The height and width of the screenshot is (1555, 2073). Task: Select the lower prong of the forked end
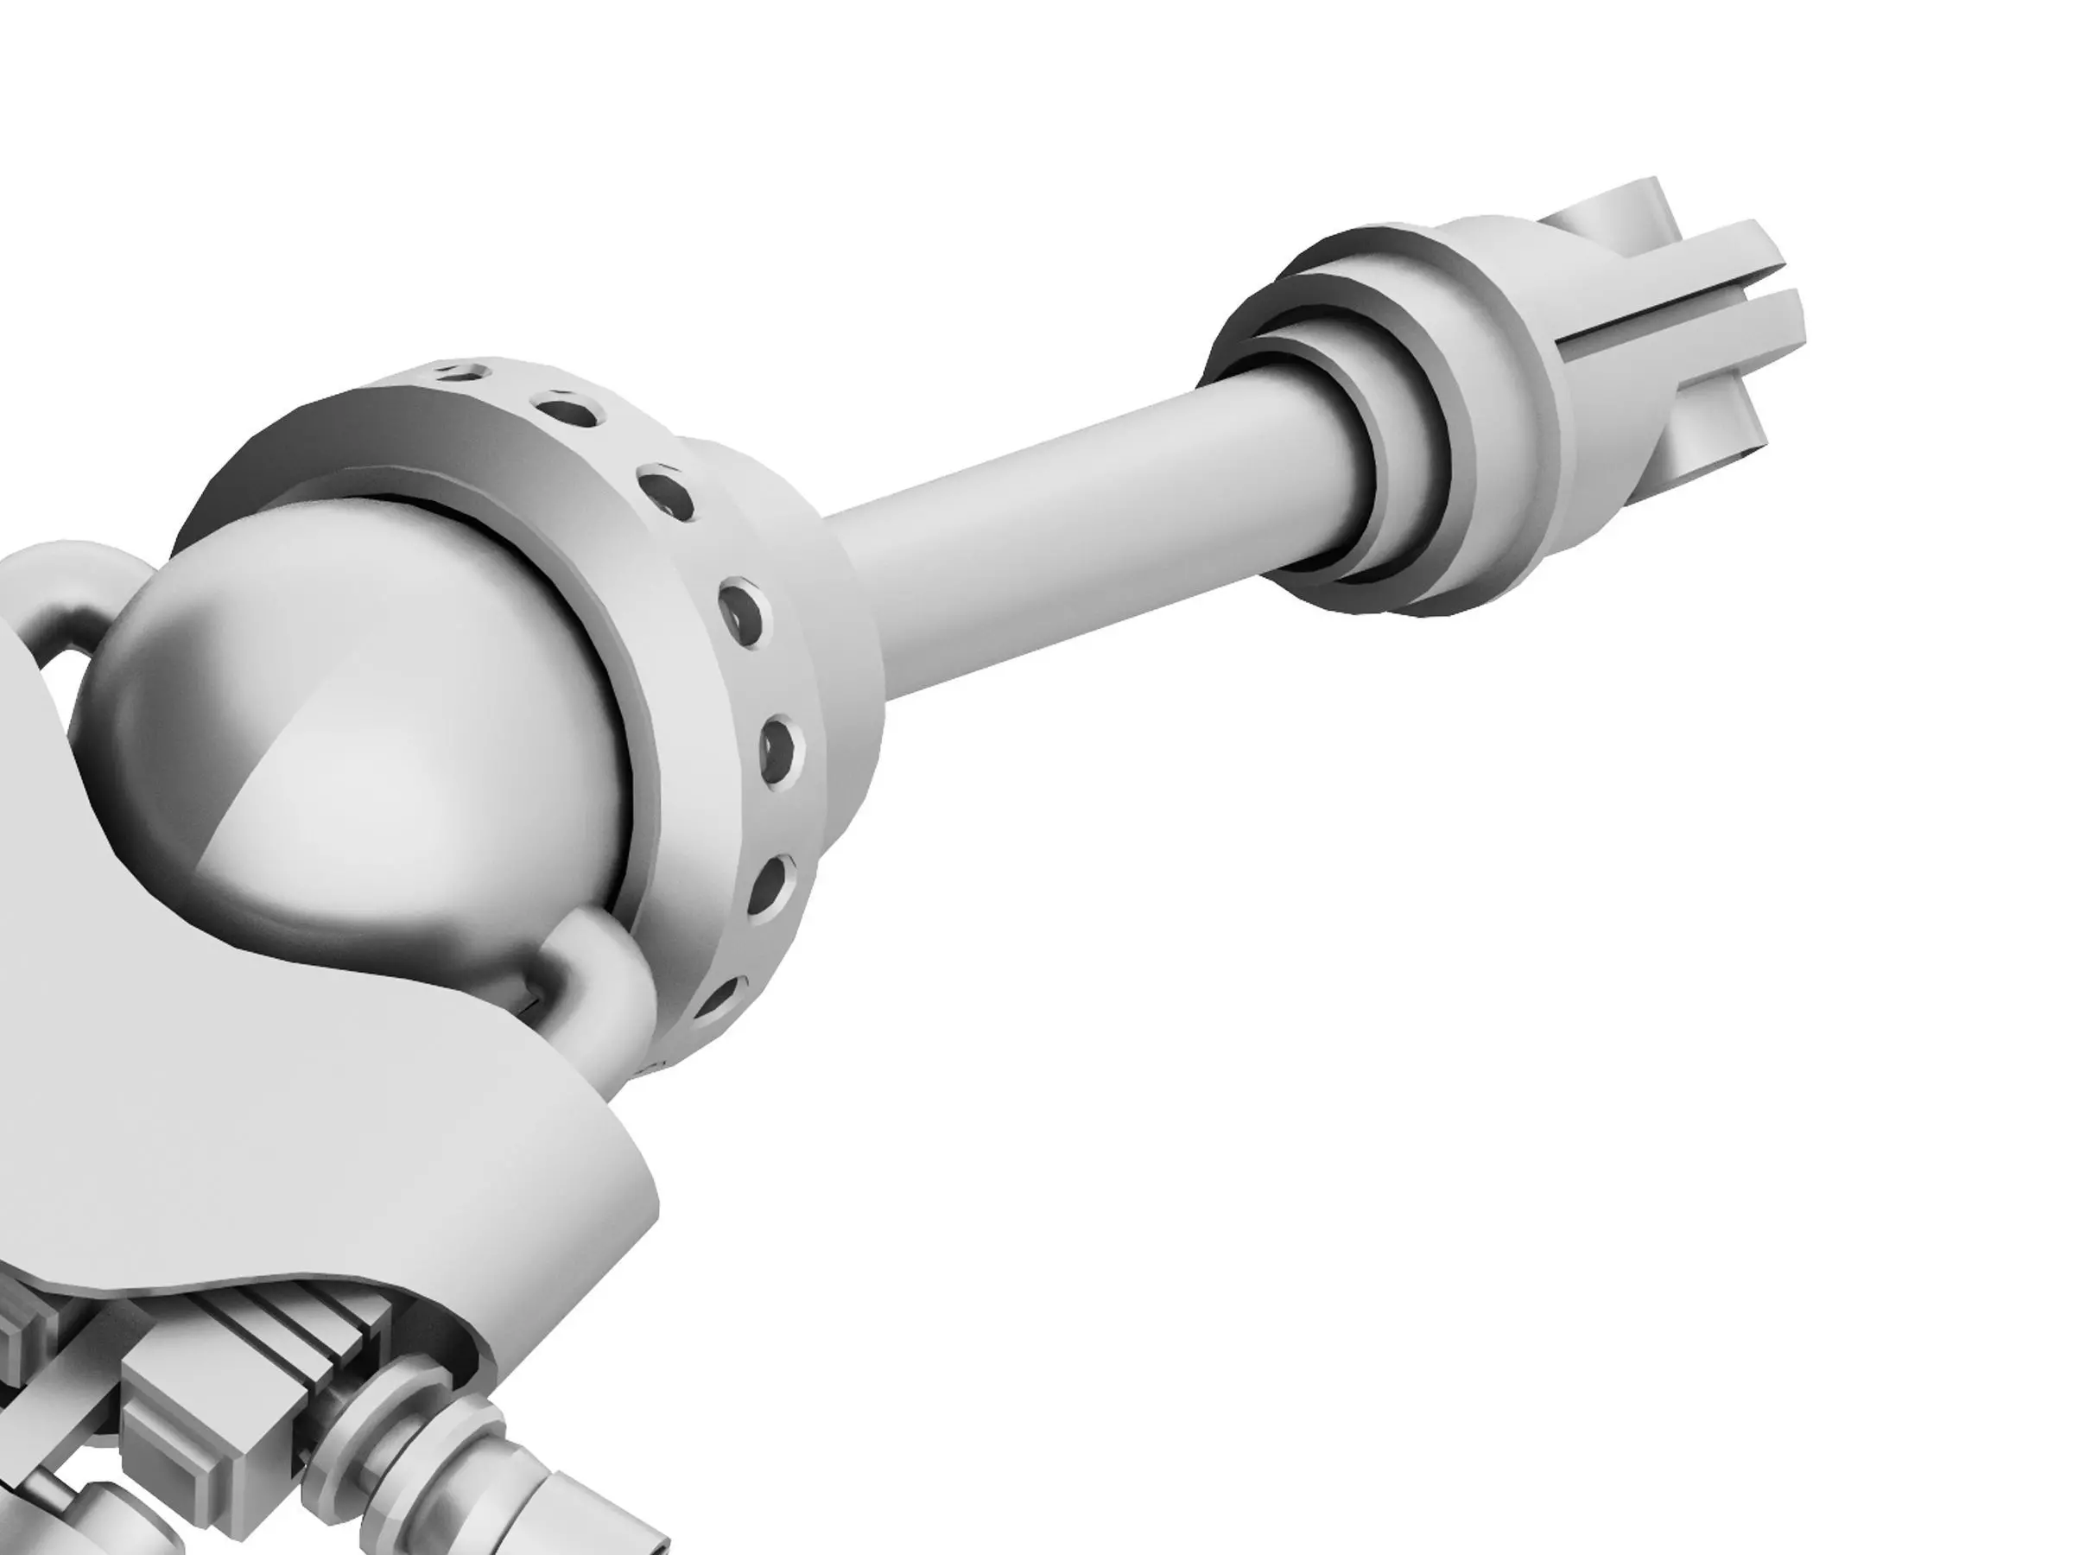[x=1715, y=328]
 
